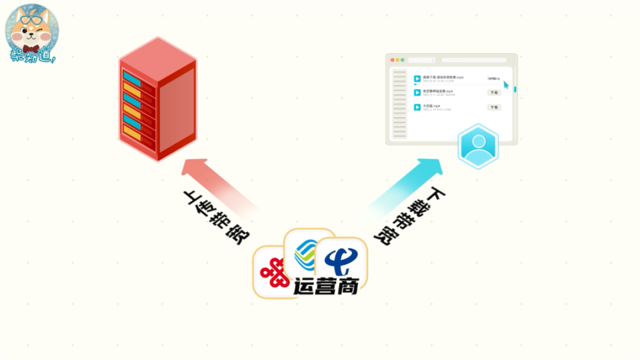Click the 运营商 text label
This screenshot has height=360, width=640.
click(327, 285)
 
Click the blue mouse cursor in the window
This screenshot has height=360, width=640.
click(507, 85)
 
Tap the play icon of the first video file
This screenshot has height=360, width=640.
click(417, 79)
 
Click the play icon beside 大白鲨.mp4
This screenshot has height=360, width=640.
click(417, 107)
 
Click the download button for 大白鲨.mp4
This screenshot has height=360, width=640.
click(494, 107)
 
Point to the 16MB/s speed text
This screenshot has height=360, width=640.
click(493, 79)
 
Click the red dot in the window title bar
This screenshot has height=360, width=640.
click(393, 60)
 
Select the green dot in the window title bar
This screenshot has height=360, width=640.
click(403, 60)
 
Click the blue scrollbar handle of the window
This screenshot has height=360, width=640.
click(515, 89)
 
